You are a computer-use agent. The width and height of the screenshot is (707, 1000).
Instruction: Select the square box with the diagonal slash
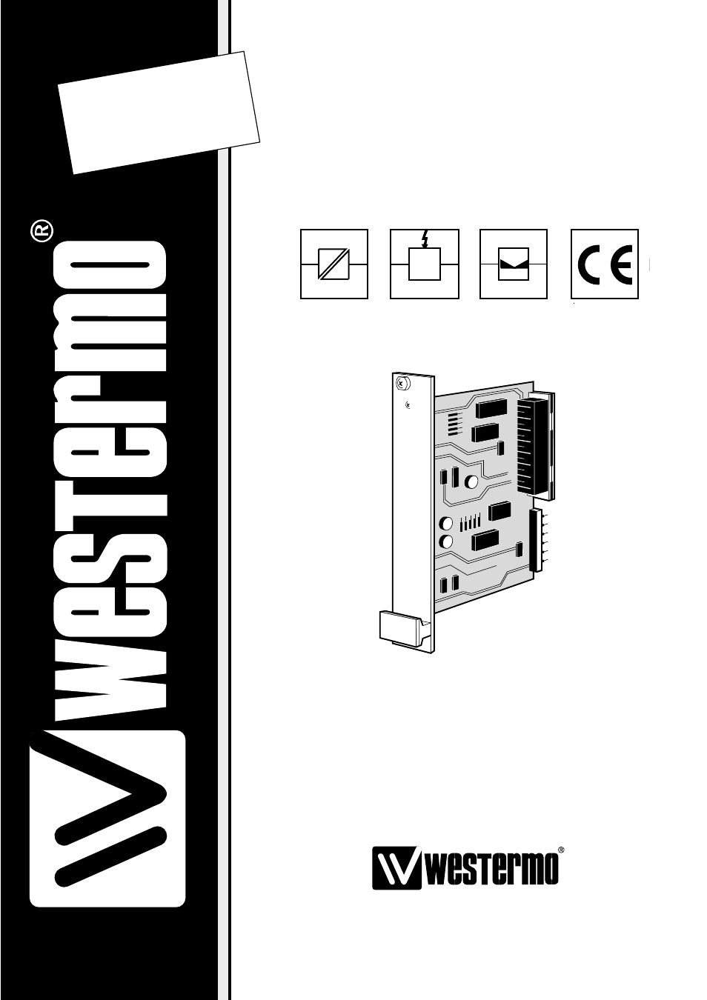[x=333, y=264]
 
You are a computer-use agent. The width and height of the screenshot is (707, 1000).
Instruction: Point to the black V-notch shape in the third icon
[x=514, y=264]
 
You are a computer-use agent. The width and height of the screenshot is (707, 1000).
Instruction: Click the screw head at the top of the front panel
[x=402, y=383]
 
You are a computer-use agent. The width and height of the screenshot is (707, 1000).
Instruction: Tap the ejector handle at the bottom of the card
[x=401, y=629]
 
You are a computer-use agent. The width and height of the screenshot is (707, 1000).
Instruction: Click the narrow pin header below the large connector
[x=536, y=540]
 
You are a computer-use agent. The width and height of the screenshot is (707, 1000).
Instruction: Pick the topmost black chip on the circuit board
[x=491, y=408]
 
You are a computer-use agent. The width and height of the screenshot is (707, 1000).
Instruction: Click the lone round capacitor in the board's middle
[x=471, y=481]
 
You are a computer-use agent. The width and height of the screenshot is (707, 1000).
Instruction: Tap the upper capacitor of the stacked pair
[x=446, y=523]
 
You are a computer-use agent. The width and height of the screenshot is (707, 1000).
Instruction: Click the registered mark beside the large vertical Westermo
[x=42, y=231]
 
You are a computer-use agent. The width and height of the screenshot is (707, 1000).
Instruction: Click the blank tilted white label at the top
[x=159, y=113]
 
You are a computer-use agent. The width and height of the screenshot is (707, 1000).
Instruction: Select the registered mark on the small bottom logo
[x=561, y=850]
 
